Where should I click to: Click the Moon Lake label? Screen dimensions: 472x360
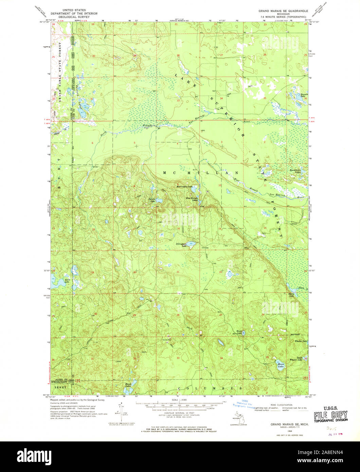(281, 366)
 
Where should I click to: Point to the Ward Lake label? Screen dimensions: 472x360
(239, 332)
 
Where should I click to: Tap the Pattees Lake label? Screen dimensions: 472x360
(151, 200)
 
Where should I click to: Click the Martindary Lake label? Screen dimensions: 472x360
(184, 187)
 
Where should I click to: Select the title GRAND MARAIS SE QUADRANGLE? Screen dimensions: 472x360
(283, 11)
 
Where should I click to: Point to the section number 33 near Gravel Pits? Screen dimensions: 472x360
(178, 358)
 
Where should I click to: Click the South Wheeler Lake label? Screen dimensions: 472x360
(295, 359)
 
